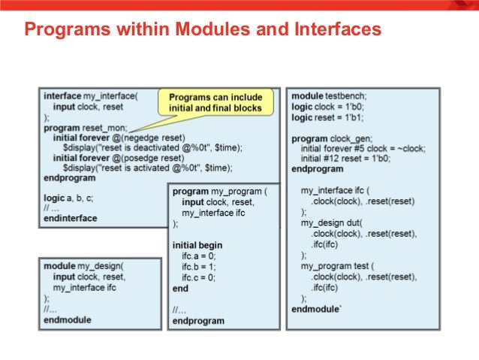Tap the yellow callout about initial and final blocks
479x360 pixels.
pyautogui.click(x=215, y=103)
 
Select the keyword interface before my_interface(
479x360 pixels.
pyautogui.click(x=63, y=96)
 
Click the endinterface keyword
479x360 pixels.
pyautogui.click(x=71, y=218)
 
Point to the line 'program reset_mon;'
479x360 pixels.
pyautogui.click(x=86, y=128)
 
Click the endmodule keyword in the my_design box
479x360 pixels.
pyautogui.click(x=68, y=319)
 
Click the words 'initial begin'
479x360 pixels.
pyautogui.click(x=197, y=246)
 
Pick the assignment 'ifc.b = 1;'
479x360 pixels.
pyautogui.click(x=200, y=267)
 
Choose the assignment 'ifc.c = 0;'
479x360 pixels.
pyautogui.click(x=200, y=277)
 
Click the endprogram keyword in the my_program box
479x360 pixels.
pyautogui.click(x=198, y=320)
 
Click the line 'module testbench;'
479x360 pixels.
pyautogui.click(x=328, y=96)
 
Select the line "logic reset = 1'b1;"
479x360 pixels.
pyautogui.click(x=327, y=117)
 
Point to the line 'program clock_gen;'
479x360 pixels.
pyautogui.click(x=331, y=139)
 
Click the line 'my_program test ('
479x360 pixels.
pyautogui.click(x=337, y=267)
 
